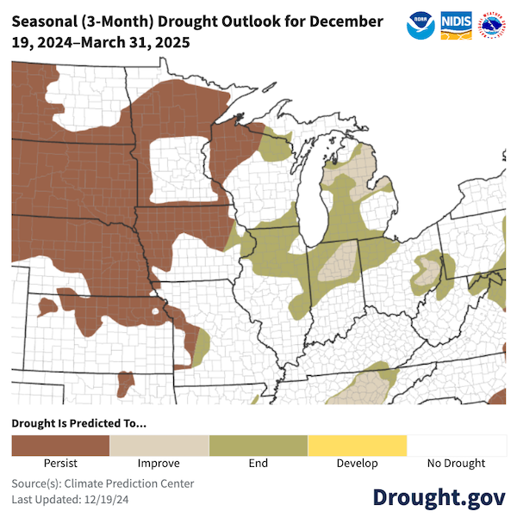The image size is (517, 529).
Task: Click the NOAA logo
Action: click(x=420, y=25)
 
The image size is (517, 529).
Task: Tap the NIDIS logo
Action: click(x=456, y=25)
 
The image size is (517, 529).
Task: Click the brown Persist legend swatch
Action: click(x=60, y=445)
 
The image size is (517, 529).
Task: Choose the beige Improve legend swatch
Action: click(x=159, y=445)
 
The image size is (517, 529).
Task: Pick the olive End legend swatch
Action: click(x=258, y=445)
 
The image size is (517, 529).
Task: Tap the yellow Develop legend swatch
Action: click(x=357, y=445)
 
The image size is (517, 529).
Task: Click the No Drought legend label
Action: click(x=456, y=464)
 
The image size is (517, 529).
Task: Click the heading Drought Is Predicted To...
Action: click(x=78, y=423)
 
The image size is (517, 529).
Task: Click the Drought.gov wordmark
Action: click(x=439, y=497)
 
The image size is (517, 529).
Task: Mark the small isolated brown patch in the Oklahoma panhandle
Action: click(x=126, y=380)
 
